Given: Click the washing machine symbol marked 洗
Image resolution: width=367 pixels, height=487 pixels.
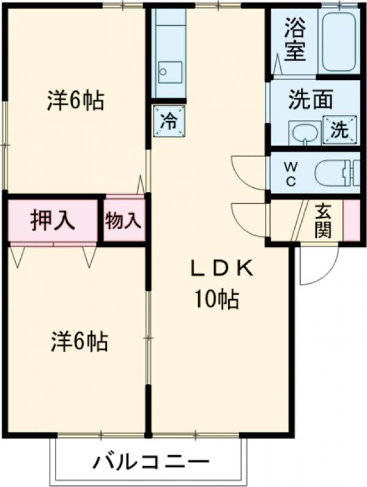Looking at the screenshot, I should [x=338, y=129].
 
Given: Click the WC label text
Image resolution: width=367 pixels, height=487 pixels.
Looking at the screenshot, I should [x=291, y=173].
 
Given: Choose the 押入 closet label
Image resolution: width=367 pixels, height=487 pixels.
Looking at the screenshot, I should [x=53, y=220].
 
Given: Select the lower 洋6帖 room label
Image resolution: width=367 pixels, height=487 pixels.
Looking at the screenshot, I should [x=79, y=341].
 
